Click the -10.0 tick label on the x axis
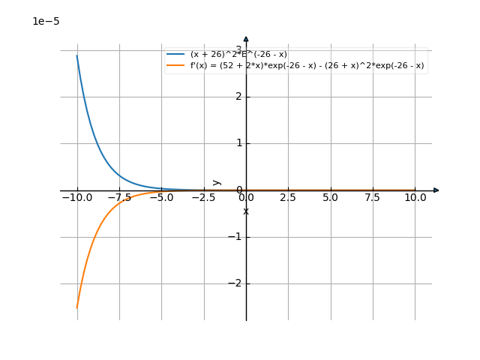pyautogui.click(x=77, y=198)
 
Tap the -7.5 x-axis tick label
pyautogui.click(x=119, y=198)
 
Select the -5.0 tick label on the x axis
pyautogui.click(x=161, y=198)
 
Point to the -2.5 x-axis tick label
pyautogui.click(x=203, y=198)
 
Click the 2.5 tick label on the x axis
pyautogui.click(x=288, y=198)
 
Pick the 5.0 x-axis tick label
pyautogui.click(x=330, y=198)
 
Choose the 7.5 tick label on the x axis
pyautogui.click(x=373, y=198)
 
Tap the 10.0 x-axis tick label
pyautogui.click(x=415, y=198)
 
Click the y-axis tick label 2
pyautogui.click(x=237, y=97)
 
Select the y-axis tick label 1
pyautogui.click(x=237, y=143)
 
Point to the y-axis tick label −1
pyautogui.click(x=234, y=237)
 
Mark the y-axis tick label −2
pyautogui.click(x=234, y=283)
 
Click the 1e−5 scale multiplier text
pyautogui.click(x=46, y=22)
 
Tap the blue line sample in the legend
pyautogui.click(x=176, y=55)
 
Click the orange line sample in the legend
pyautogui.click(x=176, y=66)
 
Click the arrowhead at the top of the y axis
pyautogui.click(x=246, y=39)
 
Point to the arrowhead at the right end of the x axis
pyautogui.click(x=436, y=190)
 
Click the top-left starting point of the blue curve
pyautogui.click(x=77, y=55)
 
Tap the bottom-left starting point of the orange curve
pyautogui.click(x=77, y=307)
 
